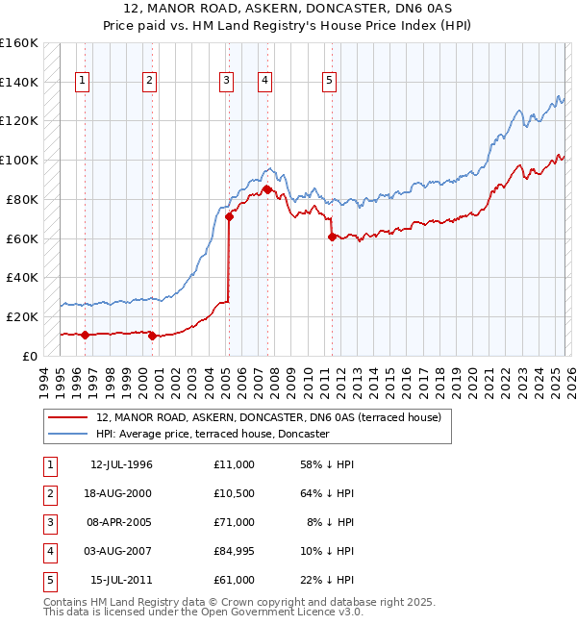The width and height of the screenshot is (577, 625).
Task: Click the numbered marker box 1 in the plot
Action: [x=83, y=82]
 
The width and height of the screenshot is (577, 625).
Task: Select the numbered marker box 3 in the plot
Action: [x=227, y=82]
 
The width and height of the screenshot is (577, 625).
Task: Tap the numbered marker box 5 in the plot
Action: [x=329, y=82]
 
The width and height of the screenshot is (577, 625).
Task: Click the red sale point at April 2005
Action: [x=229, y=216]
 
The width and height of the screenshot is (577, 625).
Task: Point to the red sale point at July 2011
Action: [x=332, y=237]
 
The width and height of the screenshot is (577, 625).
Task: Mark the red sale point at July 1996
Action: [x=85, y=335]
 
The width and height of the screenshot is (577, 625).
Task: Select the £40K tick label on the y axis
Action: [x=22, y=277]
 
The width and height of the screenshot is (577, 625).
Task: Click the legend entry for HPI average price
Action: [x=213, y=435]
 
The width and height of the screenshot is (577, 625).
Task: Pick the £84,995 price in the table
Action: [x=235, y=551]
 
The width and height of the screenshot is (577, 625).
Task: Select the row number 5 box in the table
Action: [x=49, y=580]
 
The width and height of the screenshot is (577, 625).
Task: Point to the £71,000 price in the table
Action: [x=235, y=522]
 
